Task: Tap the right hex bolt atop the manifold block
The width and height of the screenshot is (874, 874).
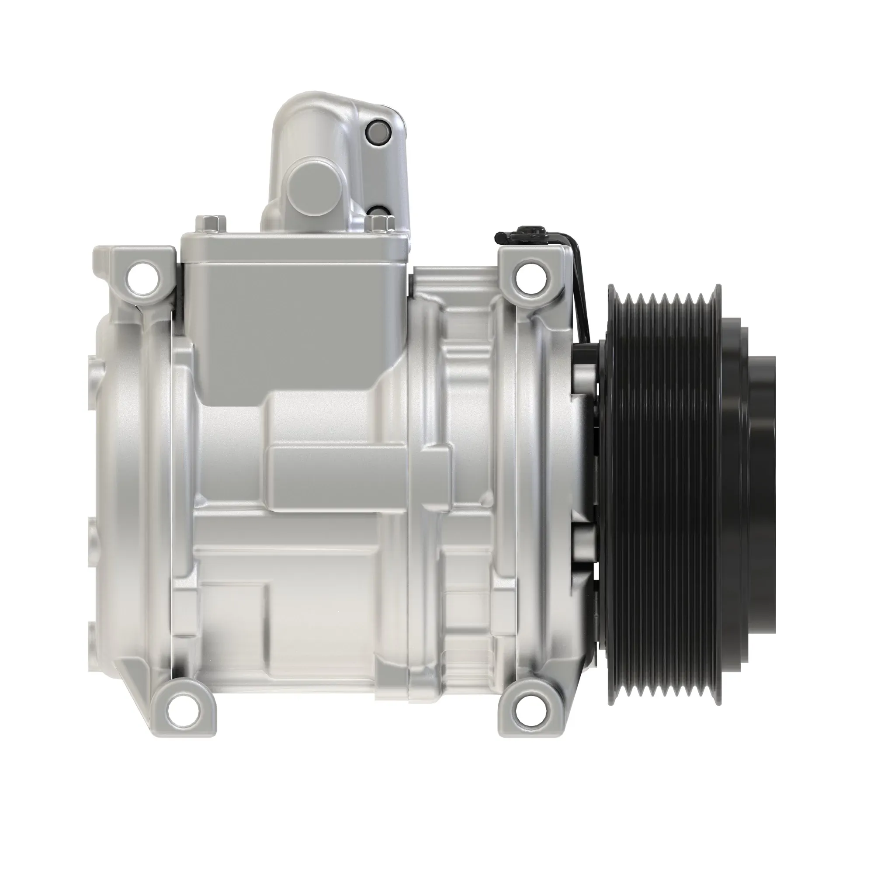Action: [378, 224]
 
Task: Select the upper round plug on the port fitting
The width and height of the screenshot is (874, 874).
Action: [377, 132]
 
